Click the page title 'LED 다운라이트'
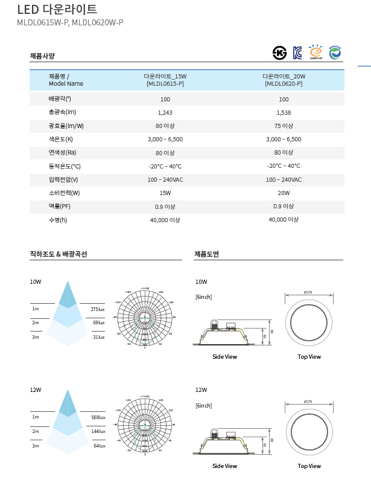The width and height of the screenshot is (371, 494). [x=57, y=10]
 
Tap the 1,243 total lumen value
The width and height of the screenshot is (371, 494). [x=165, y=112]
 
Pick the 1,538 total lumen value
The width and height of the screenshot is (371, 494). [x=284, y=112]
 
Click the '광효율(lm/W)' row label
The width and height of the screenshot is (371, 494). [x=66, y=126]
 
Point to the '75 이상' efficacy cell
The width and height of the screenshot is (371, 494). [x=284, y=126]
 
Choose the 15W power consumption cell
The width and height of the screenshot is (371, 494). [x=165, y=193]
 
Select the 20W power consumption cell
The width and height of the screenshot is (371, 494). [x=284, y=193]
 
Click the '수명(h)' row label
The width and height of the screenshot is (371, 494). [x=58, y=220]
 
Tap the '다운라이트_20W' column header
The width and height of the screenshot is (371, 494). [x=284, y=80]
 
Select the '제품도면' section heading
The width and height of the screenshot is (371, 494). [x=206, y=254]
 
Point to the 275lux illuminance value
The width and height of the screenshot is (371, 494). [x=98, y=309]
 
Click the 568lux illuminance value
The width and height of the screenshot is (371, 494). [x=98, y=417]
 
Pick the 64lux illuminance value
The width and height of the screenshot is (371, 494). [x=100, y=446]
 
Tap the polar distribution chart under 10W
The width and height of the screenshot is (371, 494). [x=144, y=317]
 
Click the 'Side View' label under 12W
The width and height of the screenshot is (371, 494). [x=224, y=466]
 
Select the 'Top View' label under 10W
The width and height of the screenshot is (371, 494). [x=309, y=356]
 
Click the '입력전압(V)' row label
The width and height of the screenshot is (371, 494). [x=63, y=180]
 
